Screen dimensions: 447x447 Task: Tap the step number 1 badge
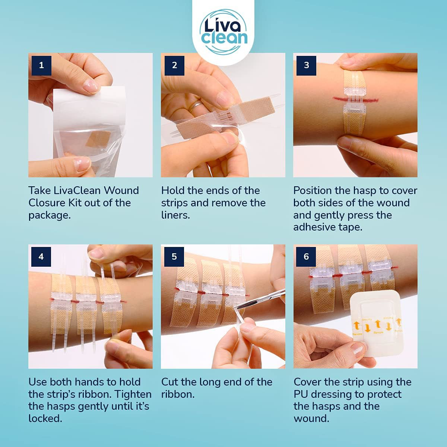pos(41,65)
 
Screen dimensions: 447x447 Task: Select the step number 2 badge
pos(174,65)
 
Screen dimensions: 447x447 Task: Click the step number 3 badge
pos(306,65)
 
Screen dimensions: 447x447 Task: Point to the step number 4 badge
pos(41,257)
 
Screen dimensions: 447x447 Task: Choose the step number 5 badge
pos(174,257)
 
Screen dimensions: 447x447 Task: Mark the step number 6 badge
pos(306,257)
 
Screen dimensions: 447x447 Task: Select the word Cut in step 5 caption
pos(169,382)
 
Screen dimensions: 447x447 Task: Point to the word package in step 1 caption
pos(49,215)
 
